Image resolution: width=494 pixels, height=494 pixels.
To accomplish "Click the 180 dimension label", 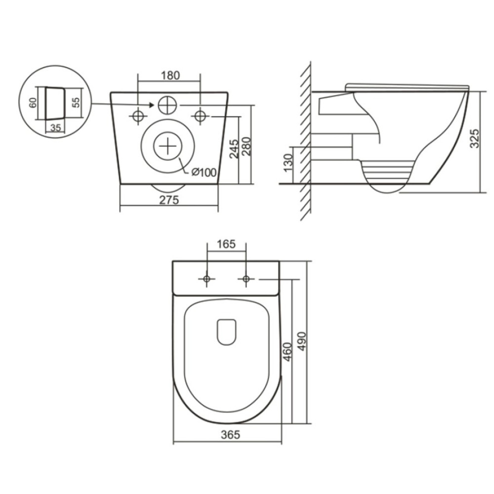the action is click(x=170, y=76).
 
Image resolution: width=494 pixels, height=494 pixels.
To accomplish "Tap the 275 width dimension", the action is click(x=169, y=200).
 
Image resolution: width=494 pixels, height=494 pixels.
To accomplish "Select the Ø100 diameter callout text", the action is click(x=204, y=172).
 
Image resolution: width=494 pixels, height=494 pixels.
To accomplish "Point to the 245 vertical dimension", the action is click(x=234, y=149).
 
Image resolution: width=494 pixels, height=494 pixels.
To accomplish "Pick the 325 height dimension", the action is click(x=474, y=138).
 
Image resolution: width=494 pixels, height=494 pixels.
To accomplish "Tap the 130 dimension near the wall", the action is click(x=288, y=163).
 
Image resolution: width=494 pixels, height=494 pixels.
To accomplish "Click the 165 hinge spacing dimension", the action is click(x=226, y=244).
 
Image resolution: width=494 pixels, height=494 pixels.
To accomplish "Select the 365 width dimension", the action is click(x=230, y=435).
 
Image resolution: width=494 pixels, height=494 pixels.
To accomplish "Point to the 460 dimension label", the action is click(x=288, y=352).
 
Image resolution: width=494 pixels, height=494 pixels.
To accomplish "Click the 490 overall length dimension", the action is click(x=301, y=341).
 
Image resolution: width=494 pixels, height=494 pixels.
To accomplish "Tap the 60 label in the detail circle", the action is click(x=33, y=103).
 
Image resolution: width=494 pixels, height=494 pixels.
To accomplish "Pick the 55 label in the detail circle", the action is click(x=76, y=102).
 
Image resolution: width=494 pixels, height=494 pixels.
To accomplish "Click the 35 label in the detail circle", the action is click(x=55, y=127).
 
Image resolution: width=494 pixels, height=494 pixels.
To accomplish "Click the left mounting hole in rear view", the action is click(x=138, y=116).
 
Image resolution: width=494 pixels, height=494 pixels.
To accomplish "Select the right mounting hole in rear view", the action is click(x=200, y=116).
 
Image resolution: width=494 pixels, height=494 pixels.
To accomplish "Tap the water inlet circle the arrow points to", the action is click(x=167, y=105).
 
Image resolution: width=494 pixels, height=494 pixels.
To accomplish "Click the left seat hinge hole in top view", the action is click(x=206, y=279).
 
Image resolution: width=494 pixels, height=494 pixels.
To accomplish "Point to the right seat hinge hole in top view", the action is click(x=246, y=279).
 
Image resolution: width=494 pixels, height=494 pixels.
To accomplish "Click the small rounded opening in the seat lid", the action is click(x=227, y=332).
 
